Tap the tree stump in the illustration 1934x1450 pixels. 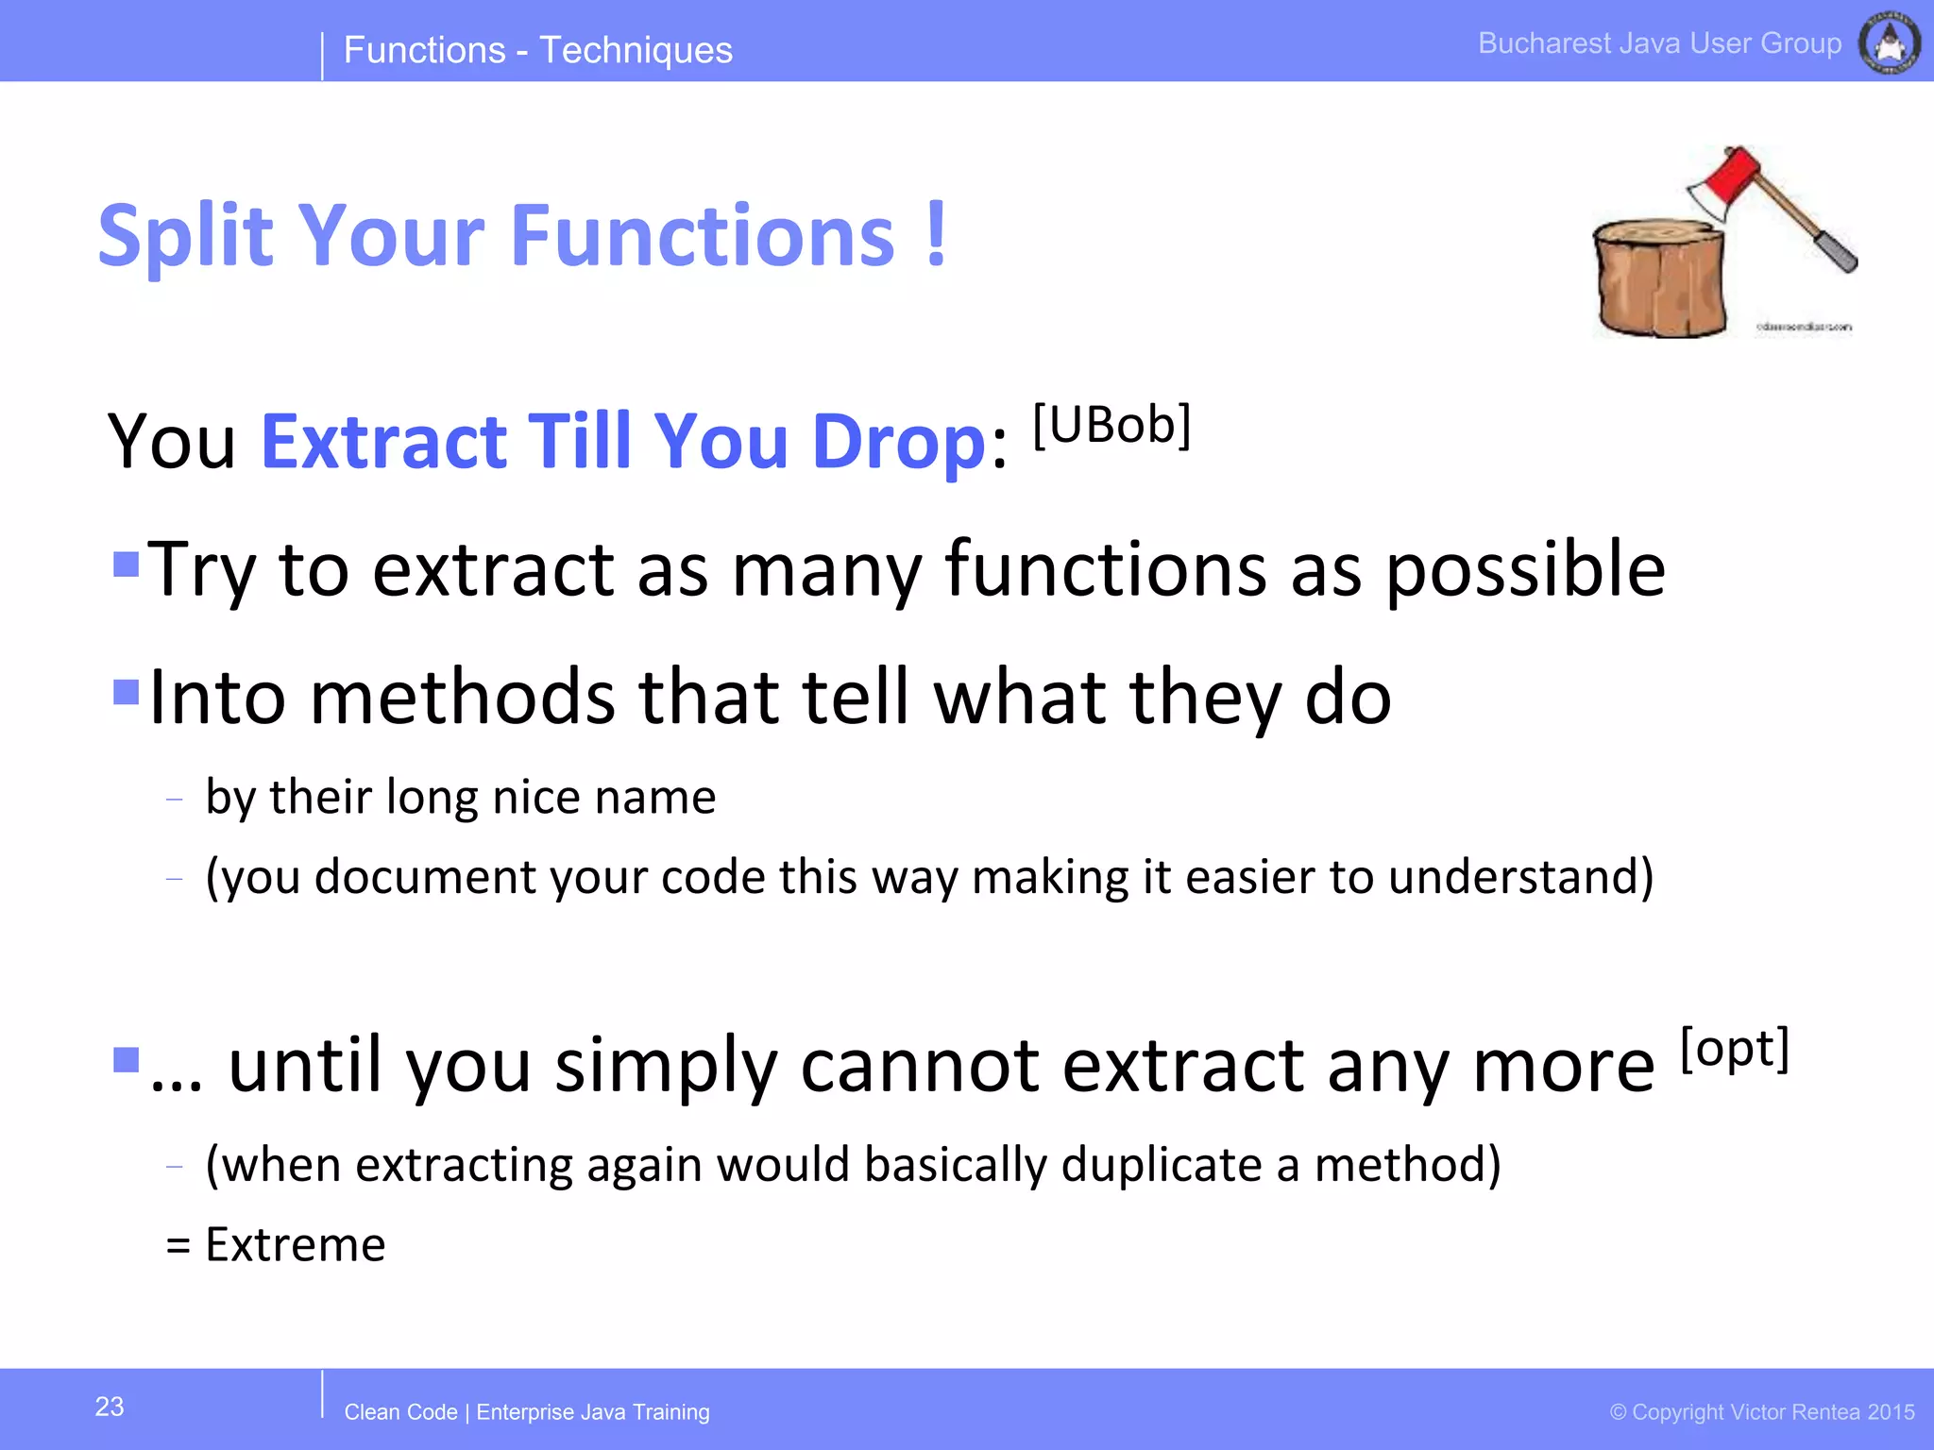coord(1658,278)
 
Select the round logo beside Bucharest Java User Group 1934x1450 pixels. coord(1889,43)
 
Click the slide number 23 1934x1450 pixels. coord(110,1407)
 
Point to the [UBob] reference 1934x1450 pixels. coord(1111,426)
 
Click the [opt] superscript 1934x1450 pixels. coord(1735,1049)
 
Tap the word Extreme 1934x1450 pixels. coord(295,1244)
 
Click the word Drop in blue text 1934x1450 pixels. coord(898,442)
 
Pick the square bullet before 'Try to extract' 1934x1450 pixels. coord(126,565)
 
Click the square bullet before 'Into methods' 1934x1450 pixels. coord(126,692)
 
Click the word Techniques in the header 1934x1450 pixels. coord(636,50)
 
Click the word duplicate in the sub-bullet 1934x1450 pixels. coord(1162,1164)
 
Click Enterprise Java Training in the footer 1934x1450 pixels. coord(592,1412)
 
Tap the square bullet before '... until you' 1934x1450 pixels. coord(126,1060)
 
